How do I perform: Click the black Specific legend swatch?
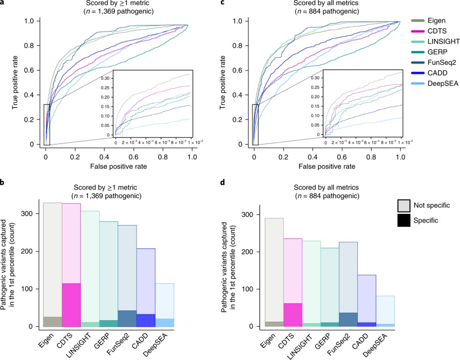pos(405,220)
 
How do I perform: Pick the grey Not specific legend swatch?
pos(405,205)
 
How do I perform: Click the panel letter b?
pos(3,179)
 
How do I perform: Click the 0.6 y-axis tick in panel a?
pos(33,70)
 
